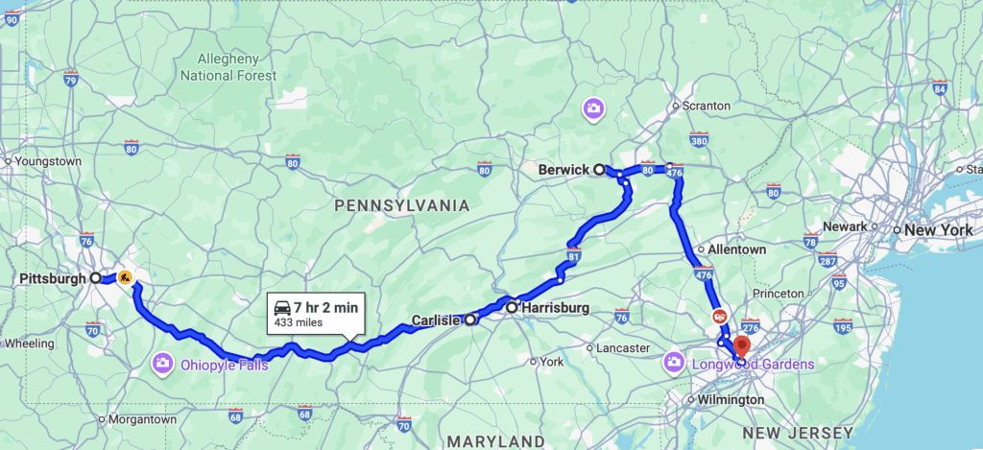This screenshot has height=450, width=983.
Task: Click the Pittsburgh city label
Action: [x=51, y=278]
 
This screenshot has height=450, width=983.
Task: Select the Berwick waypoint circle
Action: [x=599, y=170]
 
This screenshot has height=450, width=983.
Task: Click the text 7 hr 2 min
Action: [x=326, y=307]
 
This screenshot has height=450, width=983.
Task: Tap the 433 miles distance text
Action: [x=299, y=322]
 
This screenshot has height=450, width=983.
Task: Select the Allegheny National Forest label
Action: [x=228, y=67]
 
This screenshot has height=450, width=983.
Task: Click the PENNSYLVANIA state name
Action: [x=401, y=205]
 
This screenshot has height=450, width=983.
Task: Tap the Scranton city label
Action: [x=707, y=106]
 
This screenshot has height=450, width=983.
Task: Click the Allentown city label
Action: [x=737, y=249]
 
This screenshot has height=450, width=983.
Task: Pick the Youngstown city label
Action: [x=46, y=161]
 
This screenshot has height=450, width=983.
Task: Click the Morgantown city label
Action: [x=142, y=419]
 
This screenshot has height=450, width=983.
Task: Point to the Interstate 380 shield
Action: [x=698, y=140]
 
